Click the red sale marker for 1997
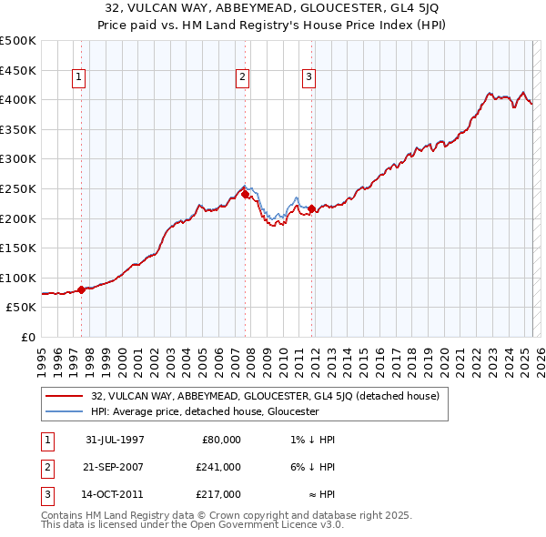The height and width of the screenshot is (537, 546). click(x=81, y=289)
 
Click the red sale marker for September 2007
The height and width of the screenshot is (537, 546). click(x=245, y=194)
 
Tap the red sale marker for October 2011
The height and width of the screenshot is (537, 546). click(x=310, y=208)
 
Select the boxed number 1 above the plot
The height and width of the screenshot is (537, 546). click(x=80, y=78)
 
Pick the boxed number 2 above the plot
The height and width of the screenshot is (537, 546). click(x=243, y=78)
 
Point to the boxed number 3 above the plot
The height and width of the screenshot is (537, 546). click(x=308, y=78)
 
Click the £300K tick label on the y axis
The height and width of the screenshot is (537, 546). click(x=18, y=159)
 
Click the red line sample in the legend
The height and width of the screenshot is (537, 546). click(x=65, y=396)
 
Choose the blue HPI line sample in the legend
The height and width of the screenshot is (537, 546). click(x=65, y=411)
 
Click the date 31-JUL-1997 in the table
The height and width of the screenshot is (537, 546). click(x=114, y=440)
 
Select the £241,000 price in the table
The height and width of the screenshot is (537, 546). click(x=219, y=467)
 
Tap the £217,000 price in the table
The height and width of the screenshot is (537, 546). click(x=219, y=494)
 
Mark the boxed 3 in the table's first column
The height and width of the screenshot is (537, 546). click(x=45, y=494)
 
